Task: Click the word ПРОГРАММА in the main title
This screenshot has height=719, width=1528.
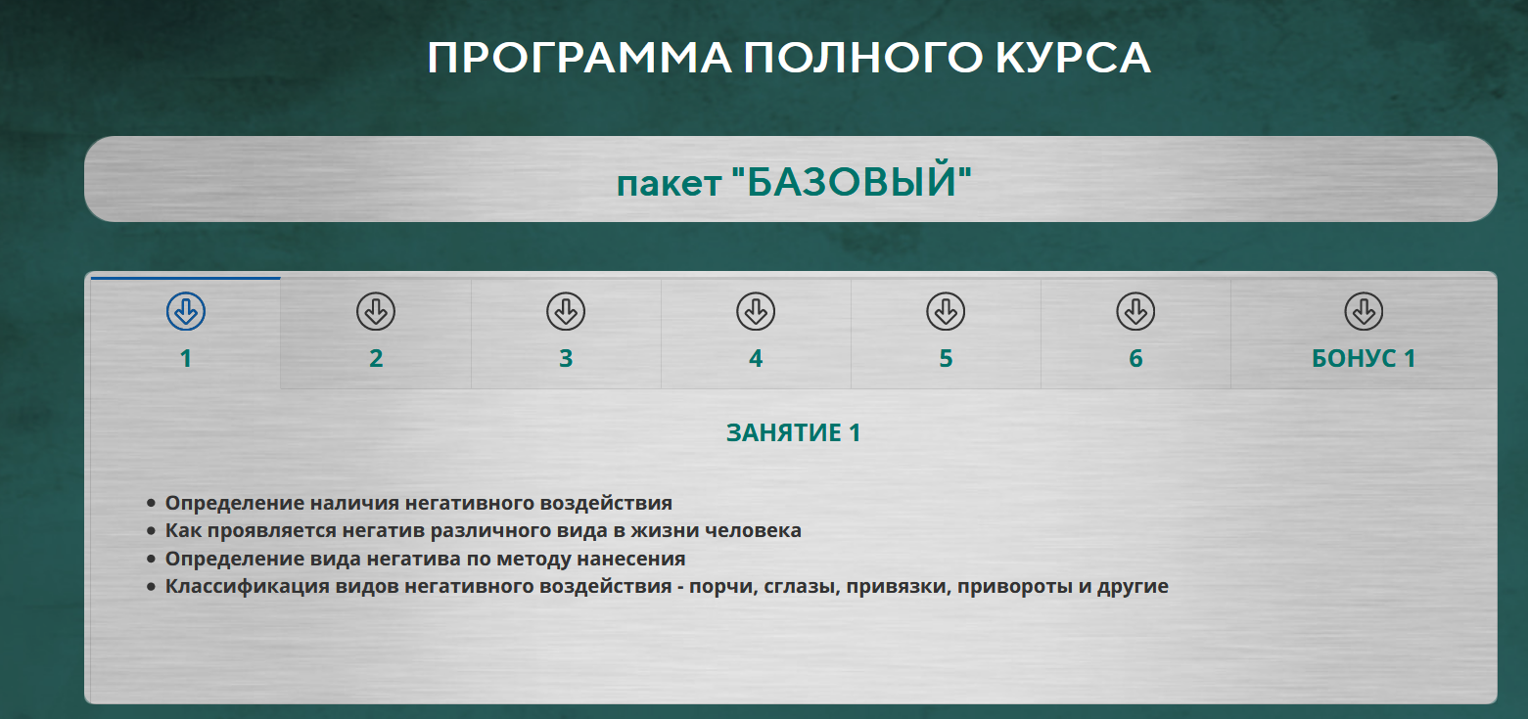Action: pyautogui.click(x=578, y=59)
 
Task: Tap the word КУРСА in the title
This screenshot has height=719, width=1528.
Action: pyautogui.click(x=1074, y=59)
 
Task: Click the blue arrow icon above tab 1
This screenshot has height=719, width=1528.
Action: pyautogui.click(x=186, y=312)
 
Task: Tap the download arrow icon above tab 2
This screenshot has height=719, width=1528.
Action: pyautogui.click(x=376, y=312)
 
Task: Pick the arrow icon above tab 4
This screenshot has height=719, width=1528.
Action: pyautogui.click(x=756, y=312)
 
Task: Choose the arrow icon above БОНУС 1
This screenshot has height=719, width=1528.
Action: pyautogui.click(x=1364, y=312)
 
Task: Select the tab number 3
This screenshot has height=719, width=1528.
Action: pyautogui.click(x=566, y=359)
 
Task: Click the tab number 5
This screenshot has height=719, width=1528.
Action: pyautogui.click(x=946, y=359)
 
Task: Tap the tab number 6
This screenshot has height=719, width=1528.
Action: pyautogui.click(x=1135, y=359)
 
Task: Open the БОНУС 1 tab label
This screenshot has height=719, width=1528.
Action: pyautogui.click(x=1364, y=359)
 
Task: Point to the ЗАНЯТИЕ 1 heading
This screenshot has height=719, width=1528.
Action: pyautogui.click(x=793, y=433)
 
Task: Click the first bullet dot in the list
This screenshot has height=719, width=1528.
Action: pyautogui.click(x=151, y=504)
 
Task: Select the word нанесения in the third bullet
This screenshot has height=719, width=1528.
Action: pyautogui.click(x=638, y=560)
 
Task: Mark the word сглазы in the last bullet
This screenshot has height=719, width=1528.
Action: pyautogui.click(x=796, y=588)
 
